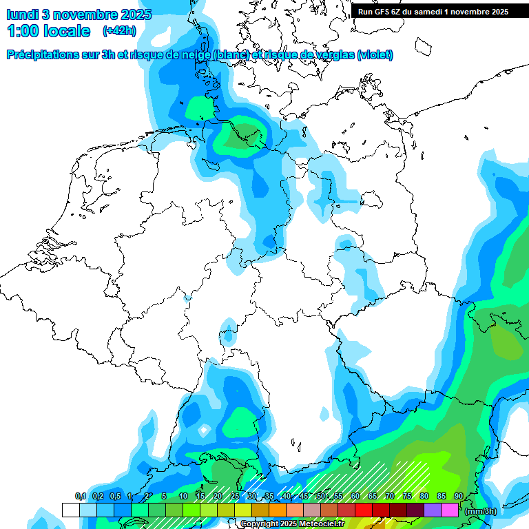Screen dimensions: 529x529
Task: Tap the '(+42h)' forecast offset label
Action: pyautogui.click(x=119, y=30)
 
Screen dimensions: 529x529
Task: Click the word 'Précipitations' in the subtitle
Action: pyautogui.click(x=41, y=54)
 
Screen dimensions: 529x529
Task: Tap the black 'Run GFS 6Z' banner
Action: pyautogui.click(x=433, y=11)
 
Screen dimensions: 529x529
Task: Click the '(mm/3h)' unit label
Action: pyautogui.click(x=481, y=510)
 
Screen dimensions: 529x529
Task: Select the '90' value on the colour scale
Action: pyautogui.click(x=459, y=496)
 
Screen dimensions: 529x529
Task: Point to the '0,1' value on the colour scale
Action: pyautogui.click(x=80, y=496)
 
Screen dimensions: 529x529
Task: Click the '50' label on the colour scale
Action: pyautogui.click(x=321, y=496)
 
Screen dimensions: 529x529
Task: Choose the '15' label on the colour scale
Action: pyautogui.click(x=200, y=496)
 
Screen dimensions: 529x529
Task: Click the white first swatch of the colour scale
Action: pyautogui.click(x=70, y=510)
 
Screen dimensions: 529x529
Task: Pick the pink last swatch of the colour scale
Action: pyautogui.click(x=449, y=510)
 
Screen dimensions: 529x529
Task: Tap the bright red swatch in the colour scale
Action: pyautogui.click(x=363, y=510)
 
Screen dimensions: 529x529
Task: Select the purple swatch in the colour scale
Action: pyautogui.click(x=432, y=510)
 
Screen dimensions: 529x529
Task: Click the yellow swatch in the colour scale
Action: pyautogui.click(x=242, y=510)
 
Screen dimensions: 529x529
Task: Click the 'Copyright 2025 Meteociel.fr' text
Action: pyautogui.click(x=292, y=524)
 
